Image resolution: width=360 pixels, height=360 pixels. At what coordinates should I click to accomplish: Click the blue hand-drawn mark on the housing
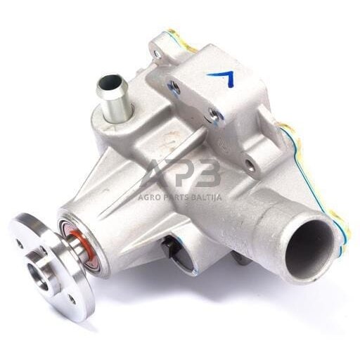tap(224, 77)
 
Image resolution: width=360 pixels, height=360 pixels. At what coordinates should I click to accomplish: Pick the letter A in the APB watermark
tap(155, 174)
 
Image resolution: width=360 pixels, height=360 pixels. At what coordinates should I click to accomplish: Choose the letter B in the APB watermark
tap(207, 174)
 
